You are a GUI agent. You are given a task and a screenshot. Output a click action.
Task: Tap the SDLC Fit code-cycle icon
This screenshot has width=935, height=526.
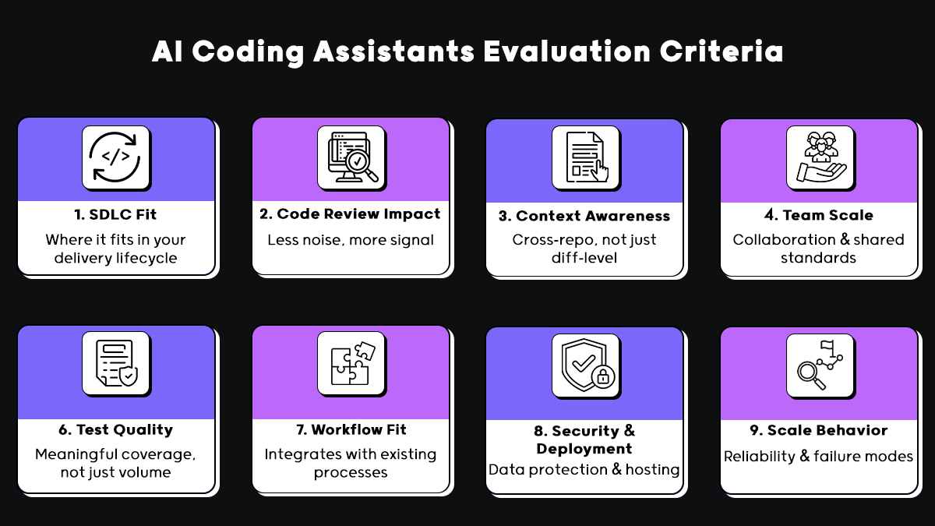pyautogui.click(x=116, y=157)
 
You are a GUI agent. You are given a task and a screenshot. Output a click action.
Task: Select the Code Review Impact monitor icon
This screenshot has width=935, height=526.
pyautogui.click(x=351, y=157)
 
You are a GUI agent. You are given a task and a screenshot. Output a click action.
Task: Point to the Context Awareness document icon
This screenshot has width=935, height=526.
pyautogui.click(x=585, y=157)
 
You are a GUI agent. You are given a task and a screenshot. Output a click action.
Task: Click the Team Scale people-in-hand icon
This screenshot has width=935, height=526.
pyautogui.click(x=819, y=157)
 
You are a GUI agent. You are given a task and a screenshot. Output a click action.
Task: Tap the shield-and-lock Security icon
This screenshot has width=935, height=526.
pyautogui.click(x=585, y=365)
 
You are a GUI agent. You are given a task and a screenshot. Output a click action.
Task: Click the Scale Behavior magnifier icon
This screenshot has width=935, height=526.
pyautogui.click(x=819, y=365)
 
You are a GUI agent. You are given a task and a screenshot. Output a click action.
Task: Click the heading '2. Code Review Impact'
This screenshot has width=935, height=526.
pyautogui.click(x=351, y=214)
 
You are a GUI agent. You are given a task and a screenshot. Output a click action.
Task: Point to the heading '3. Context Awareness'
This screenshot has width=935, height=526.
pyautogui.click(x=584, y=216)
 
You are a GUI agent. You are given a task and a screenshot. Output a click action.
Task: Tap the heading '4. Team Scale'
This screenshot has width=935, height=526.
pyautogui.click(x=818, y=216)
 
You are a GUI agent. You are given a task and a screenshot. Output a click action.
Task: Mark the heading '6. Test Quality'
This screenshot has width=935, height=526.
pyautogui.click(x=116, y=430)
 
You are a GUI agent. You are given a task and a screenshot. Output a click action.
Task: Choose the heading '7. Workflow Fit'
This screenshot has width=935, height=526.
pyautogui.click(x=351, y=430)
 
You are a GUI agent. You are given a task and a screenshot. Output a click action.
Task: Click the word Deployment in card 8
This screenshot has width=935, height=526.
pyautogui.click(x=584, y=449)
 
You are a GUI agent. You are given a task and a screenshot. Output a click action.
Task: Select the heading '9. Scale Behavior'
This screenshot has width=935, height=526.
pyautogui.click(x=818, y=431)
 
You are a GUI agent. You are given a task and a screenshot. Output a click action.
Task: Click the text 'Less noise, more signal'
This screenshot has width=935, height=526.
pyautogui.click(x=351, y=240)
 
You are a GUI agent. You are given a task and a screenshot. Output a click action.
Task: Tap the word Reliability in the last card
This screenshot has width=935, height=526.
pyautogui.click(x=757, y=457)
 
